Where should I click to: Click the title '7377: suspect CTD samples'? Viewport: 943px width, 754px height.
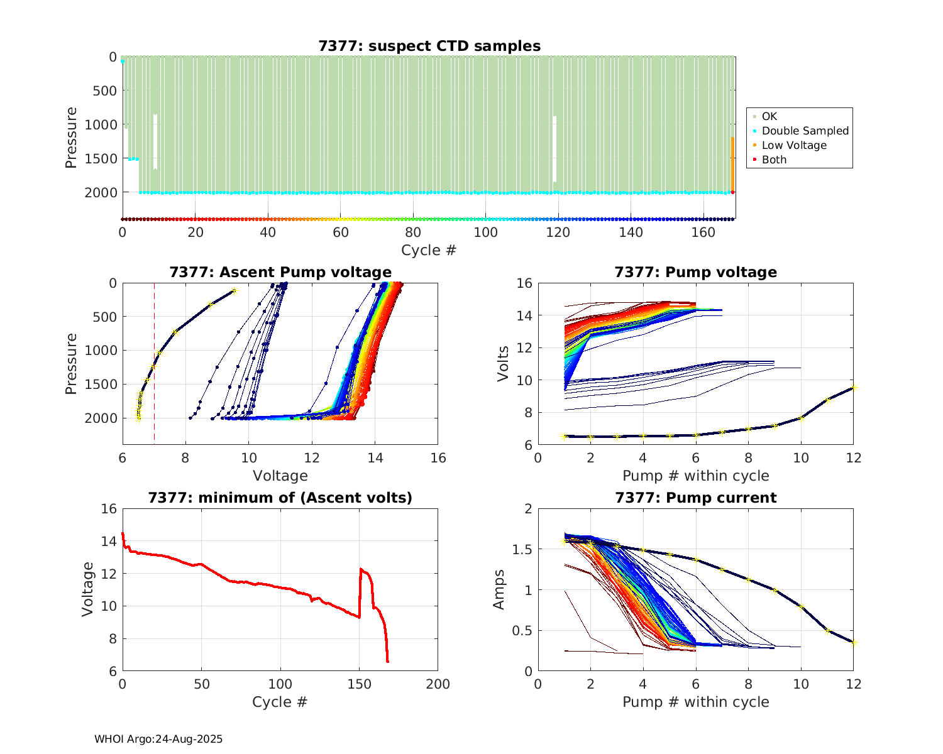(429, 46)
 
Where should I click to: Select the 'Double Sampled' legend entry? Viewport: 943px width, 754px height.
(805, 131)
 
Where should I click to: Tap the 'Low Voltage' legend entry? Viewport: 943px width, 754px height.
(794, 145)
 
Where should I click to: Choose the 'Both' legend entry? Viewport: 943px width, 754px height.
(774, 160)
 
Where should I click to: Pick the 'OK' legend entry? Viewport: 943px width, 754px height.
(769, 116)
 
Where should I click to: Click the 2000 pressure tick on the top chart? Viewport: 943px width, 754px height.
(101, 192)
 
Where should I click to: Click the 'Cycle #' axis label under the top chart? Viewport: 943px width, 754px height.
(429, 250)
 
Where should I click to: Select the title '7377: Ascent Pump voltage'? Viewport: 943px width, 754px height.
(280, 272)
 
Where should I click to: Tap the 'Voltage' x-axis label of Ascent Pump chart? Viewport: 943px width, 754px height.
(280, 476)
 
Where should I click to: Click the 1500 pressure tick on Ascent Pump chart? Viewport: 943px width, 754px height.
(101, 384)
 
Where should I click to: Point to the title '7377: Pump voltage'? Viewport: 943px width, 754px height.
(695, 272)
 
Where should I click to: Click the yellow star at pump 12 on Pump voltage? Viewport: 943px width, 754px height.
(854, 387)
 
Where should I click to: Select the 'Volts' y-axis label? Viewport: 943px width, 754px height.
(502, 364)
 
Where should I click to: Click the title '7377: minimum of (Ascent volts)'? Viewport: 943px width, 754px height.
(280, 498)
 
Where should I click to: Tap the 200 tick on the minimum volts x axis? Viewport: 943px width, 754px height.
(438, 684)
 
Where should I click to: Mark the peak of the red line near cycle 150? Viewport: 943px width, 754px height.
(361, 569)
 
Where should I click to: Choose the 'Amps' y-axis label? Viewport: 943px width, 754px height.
(499, 589)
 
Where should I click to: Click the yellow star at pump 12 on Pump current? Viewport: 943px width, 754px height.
(854, 643)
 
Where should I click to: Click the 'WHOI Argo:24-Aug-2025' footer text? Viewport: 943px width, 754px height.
(158, 739)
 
